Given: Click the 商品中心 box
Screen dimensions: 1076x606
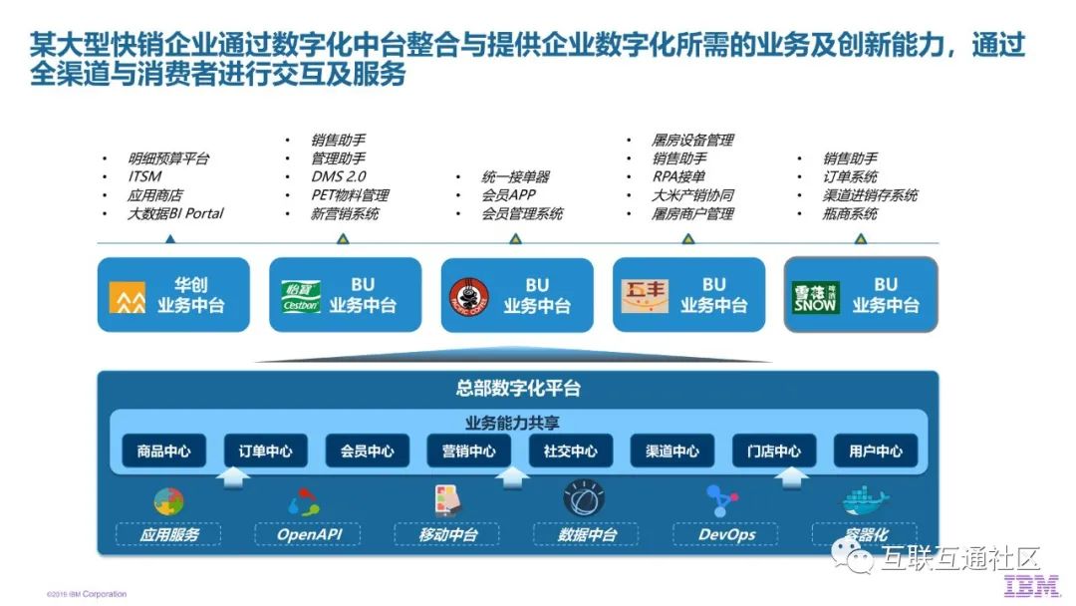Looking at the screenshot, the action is tap(163, 451).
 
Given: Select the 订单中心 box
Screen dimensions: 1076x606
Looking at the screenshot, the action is tap(265, 451).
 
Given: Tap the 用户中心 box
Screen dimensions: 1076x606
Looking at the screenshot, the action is tap(876, 451).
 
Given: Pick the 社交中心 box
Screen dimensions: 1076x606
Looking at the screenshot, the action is tap(570, 451).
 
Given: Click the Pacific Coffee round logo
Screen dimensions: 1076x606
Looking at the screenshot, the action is tap(470, 296).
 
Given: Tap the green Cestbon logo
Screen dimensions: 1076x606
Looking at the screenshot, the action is tap(300, 296).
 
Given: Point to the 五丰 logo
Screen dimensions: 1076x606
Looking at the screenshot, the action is tap(644, 296).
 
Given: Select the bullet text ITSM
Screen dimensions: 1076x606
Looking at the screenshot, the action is tap(144, 177).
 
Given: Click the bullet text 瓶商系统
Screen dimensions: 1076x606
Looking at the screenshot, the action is tap(850, 213).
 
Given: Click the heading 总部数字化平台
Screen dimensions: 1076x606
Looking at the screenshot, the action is tap(517, 389).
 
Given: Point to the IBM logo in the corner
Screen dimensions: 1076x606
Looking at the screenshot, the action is tap(1031, 588).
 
